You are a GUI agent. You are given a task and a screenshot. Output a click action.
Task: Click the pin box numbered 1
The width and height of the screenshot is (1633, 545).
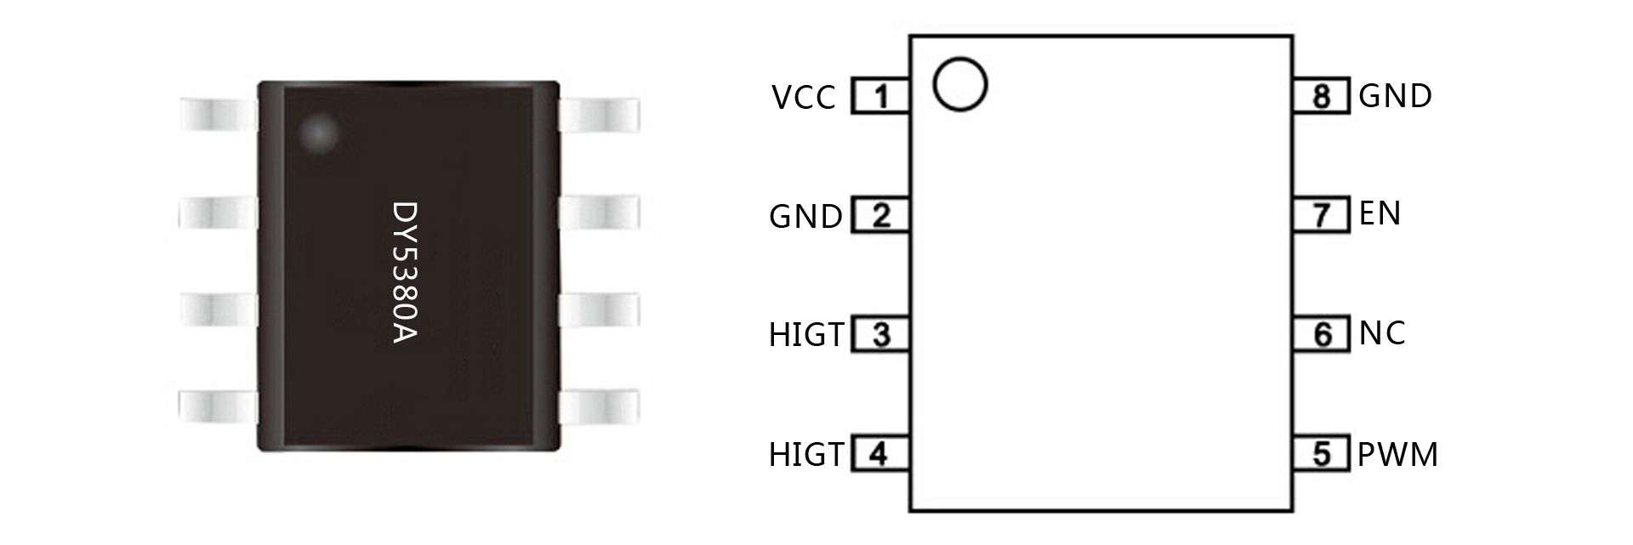point(881,96)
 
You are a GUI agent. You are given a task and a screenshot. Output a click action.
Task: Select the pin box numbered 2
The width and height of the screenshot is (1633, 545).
point(881,215)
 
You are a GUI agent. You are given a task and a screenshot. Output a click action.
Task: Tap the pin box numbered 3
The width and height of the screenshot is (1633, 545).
point(881,334)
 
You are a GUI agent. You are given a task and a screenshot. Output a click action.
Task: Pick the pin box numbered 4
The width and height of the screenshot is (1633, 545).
point(881,453)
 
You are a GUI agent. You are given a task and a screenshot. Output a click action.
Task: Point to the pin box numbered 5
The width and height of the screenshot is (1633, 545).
point(1321,453)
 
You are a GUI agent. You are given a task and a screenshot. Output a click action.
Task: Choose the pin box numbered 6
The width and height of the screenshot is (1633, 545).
point(1321,334)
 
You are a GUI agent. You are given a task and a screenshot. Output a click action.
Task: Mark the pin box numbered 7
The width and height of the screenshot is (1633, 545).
point(1321,215)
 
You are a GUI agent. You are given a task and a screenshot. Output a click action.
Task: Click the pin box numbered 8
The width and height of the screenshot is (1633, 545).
point(1321,96)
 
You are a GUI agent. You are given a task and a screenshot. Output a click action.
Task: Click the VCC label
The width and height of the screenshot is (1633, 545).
point(804,98)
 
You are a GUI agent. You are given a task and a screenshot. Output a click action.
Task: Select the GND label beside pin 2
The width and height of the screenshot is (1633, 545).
point(805,217)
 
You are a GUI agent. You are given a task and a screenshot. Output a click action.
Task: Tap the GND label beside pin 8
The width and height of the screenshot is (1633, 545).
point(1395,95)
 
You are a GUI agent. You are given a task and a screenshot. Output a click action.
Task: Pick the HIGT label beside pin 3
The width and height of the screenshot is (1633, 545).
point(806,335)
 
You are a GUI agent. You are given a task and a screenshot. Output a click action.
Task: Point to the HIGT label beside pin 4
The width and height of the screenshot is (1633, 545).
point(806,455)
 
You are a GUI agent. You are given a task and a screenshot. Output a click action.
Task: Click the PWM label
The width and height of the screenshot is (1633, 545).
point(1397,455)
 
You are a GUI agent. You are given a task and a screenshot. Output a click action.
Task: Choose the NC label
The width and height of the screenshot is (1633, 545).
point(1382,333)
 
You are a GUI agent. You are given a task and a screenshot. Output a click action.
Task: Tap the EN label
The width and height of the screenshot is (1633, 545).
point(1380,213)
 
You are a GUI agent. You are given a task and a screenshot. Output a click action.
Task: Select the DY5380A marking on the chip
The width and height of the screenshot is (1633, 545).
point(405,272)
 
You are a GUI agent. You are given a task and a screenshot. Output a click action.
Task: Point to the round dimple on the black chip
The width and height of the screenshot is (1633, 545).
point(321,133)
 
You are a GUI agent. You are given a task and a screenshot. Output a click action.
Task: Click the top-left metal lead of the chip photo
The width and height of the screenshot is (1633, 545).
point(219,114)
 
